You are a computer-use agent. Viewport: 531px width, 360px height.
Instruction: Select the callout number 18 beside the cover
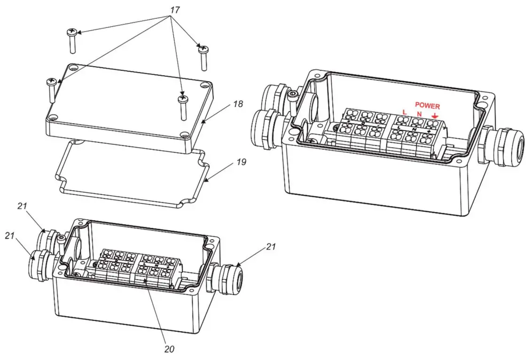coord(238,104)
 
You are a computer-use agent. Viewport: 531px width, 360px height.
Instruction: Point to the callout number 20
coord(169,349)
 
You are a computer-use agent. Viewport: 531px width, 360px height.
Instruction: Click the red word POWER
coord(427,107)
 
